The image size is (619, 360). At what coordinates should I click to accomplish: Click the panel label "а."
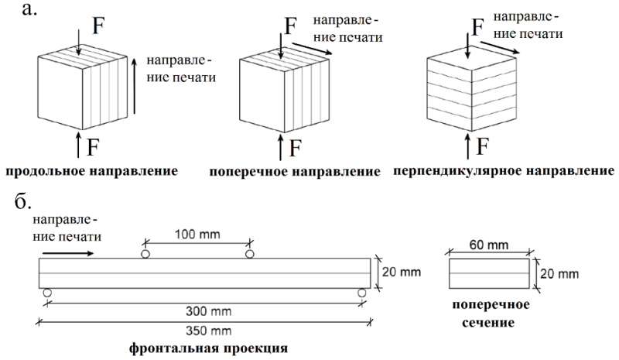[29, 9]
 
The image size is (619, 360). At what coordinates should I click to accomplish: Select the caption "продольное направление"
[91, 172]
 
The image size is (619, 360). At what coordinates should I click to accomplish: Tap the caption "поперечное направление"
[295, 172]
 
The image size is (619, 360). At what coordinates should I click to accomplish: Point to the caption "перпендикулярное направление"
[504, 171]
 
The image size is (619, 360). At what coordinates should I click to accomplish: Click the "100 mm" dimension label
[197, 235]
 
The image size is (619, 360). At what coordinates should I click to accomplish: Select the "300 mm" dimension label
[208, 311]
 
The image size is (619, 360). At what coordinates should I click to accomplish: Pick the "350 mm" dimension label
[208, 331]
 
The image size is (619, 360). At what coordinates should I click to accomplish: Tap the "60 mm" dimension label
[489, 245]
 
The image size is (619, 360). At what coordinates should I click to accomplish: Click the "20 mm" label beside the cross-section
[559, 273]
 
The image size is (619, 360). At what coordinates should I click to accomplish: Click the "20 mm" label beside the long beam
[402, 272]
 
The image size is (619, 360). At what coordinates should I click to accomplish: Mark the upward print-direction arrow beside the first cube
[135, 86]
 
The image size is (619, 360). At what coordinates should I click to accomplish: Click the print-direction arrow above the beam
[68, 254]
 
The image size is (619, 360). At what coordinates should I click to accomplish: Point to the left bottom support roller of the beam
[47, 293]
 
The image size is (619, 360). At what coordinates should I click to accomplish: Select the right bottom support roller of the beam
[361, 293]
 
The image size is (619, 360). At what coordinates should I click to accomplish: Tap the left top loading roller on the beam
[145, 254]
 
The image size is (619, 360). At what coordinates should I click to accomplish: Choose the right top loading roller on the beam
[249, 254]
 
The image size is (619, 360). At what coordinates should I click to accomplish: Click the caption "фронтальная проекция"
[208, 348]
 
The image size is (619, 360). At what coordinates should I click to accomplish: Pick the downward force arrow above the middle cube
[281, 46]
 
